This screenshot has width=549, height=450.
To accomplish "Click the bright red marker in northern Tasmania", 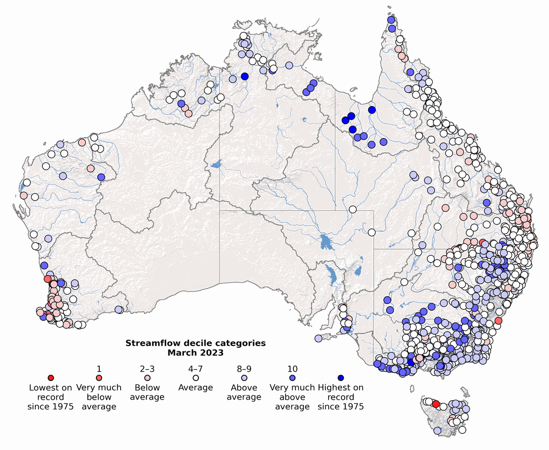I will pos(436,403).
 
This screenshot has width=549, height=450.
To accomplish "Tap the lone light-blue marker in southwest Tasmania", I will pos(437,431).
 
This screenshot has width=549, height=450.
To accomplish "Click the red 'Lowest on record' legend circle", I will pos(50,378).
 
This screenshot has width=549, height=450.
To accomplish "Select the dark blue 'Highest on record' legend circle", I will pos(340,378).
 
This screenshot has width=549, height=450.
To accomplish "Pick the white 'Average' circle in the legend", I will pos(195,378).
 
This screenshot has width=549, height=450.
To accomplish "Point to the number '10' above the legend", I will pos(292,369).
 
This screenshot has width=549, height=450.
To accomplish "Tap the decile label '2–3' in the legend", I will pos(147,369).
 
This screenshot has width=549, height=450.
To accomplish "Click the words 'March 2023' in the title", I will pos(195,352).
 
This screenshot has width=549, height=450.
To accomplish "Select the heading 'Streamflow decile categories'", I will pos(195,343).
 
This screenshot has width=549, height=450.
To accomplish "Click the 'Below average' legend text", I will pos(147,392).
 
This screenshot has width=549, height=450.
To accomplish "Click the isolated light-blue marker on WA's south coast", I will pos(118,309).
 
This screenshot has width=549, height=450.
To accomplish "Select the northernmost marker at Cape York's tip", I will pos(391,20).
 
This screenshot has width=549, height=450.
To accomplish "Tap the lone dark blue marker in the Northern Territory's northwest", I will pos(244,76).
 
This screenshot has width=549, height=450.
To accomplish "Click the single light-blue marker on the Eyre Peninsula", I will pos(318,338).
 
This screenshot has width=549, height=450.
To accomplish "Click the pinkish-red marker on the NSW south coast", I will pos(498,320).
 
